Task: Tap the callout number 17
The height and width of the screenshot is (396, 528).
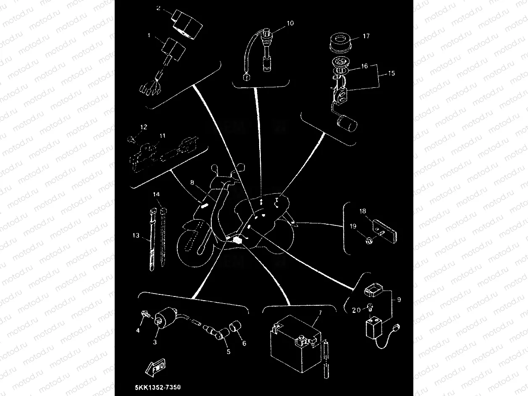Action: (x=366, y=37)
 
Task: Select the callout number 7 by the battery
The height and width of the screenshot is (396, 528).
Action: (x=320, y=312)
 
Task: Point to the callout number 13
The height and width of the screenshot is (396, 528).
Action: (x=136, y=236)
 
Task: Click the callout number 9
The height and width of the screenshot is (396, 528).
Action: (x=399, y=300)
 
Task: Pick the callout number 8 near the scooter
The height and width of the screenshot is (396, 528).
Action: (x=192, y=182)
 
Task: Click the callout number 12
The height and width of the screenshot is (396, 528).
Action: (x=144, y=126)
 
